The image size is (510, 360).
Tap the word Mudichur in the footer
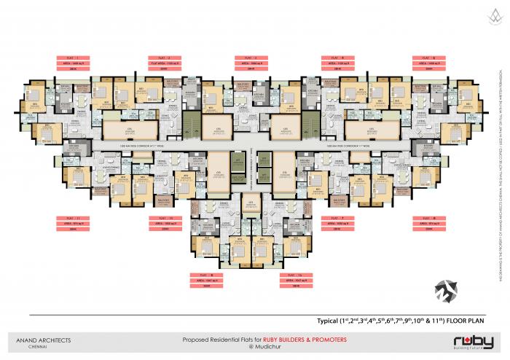259,347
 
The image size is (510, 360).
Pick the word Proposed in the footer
195,340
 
